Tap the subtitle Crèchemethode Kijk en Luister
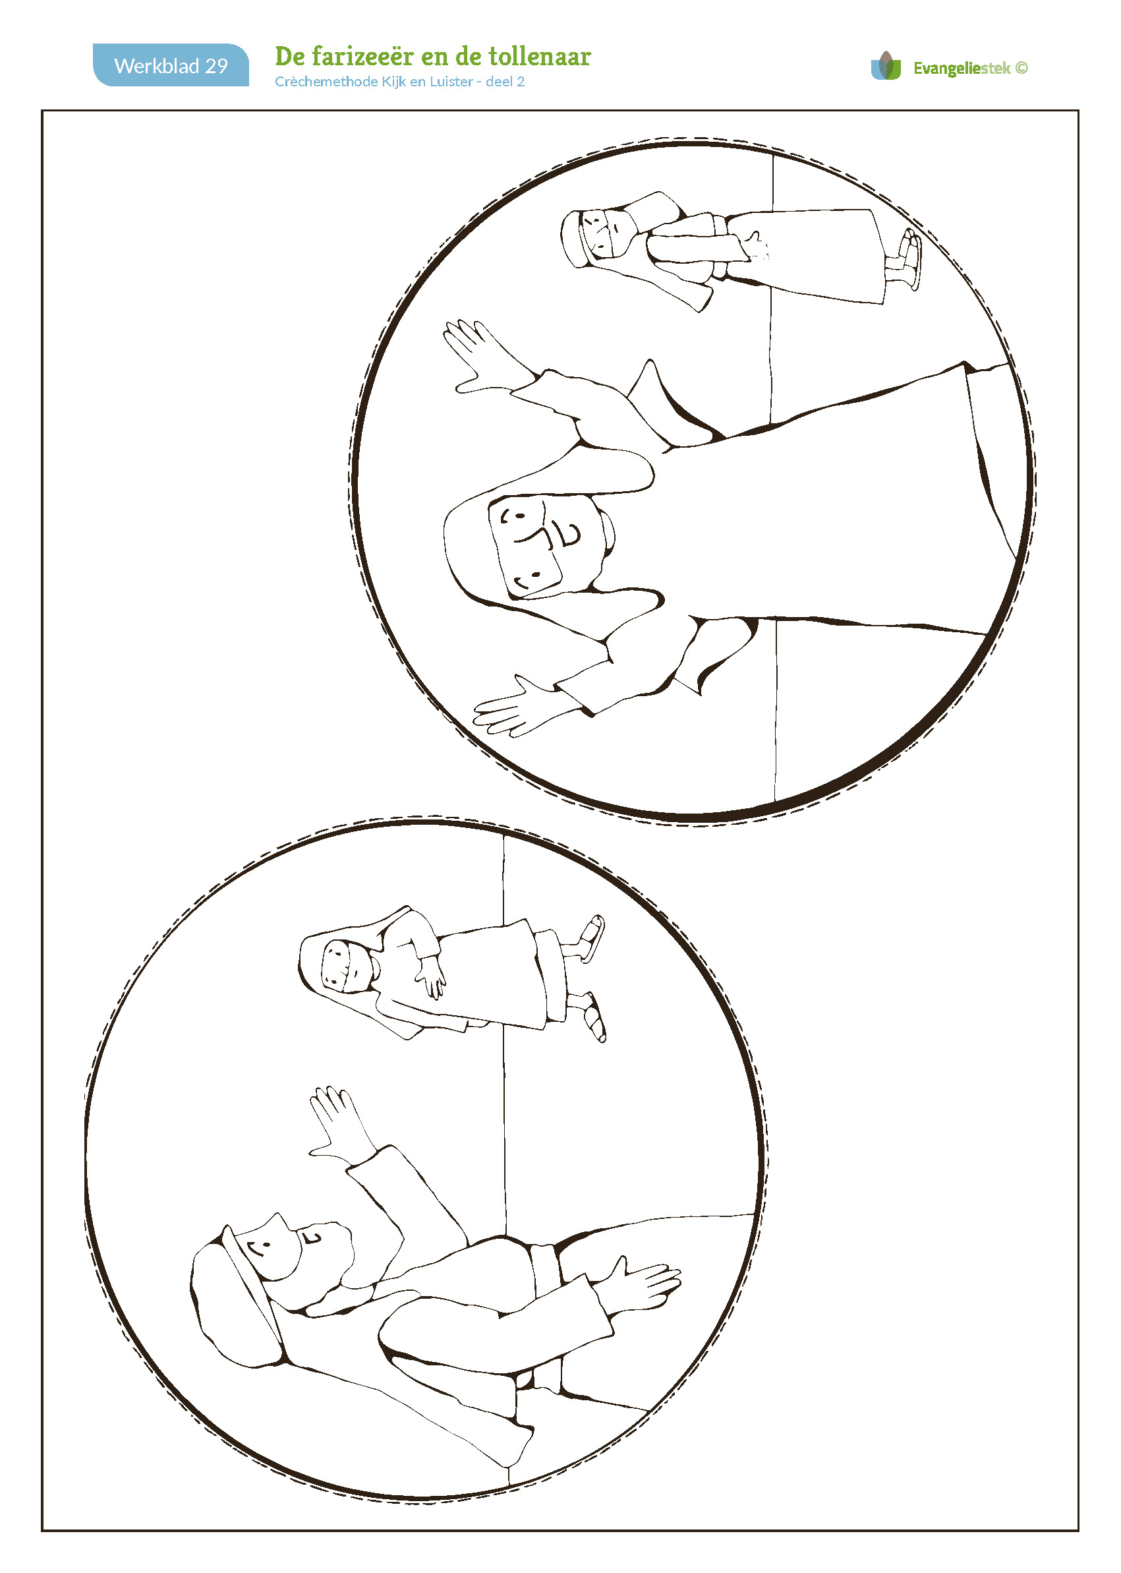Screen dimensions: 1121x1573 374,82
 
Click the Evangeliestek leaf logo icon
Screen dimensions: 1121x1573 886,67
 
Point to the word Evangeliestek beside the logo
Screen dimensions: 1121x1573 962,68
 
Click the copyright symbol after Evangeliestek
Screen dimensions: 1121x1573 1021,68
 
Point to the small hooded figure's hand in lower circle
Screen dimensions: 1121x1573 430,975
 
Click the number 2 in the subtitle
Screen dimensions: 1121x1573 521,82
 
